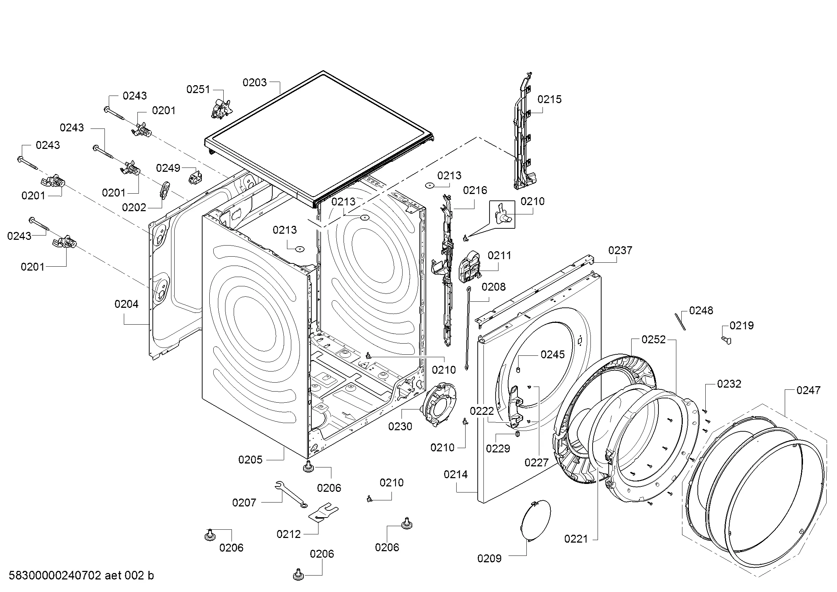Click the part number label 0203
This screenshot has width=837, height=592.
pos(254,83)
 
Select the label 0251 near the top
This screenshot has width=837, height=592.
pos(198,89)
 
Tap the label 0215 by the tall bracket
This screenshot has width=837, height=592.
pos(549,99)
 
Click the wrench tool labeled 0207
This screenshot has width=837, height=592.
pos(291,494)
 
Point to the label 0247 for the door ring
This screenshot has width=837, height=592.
pos(808,390)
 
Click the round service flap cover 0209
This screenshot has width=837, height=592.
pos(534,521)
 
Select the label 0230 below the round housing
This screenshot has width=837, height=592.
pos(400,426)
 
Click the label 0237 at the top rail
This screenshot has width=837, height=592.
pos(620,251)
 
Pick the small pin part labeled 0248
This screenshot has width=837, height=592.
pos(680,321)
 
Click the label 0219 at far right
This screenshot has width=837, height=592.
pos(741,325)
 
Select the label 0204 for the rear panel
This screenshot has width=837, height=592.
pos(126,304)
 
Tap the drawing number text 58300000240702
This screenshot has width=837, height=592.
pos(55,576)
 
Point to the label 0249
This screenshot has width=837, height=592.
pos(168,168)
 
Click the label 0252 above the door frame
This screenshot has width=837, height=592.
pos(654,340)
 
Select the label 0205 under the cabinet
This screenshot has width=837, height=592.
pos(250,460)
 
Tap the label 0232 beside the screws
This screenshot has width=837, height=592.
pos(729,384)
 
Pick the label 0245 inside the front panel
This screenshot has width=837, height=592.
pos(553,354)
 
